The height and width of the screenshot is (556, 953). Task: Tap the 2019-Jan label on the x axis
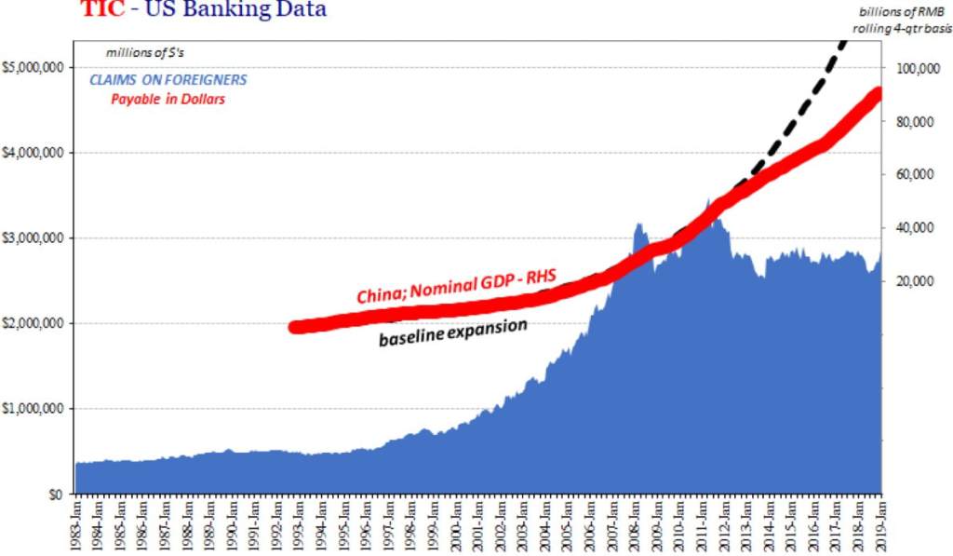pos(880,525)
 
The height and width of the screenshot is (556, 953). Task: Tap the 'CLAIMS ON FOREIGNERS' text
pos(168,80)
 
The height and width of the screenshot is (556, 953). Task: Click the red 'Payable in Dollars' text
pos(168,100)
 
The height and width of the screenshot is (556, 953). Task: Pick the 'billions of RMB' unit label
pos(899,11)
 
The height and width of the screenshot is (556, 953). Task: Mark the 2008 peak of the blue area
pos(639,224)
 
